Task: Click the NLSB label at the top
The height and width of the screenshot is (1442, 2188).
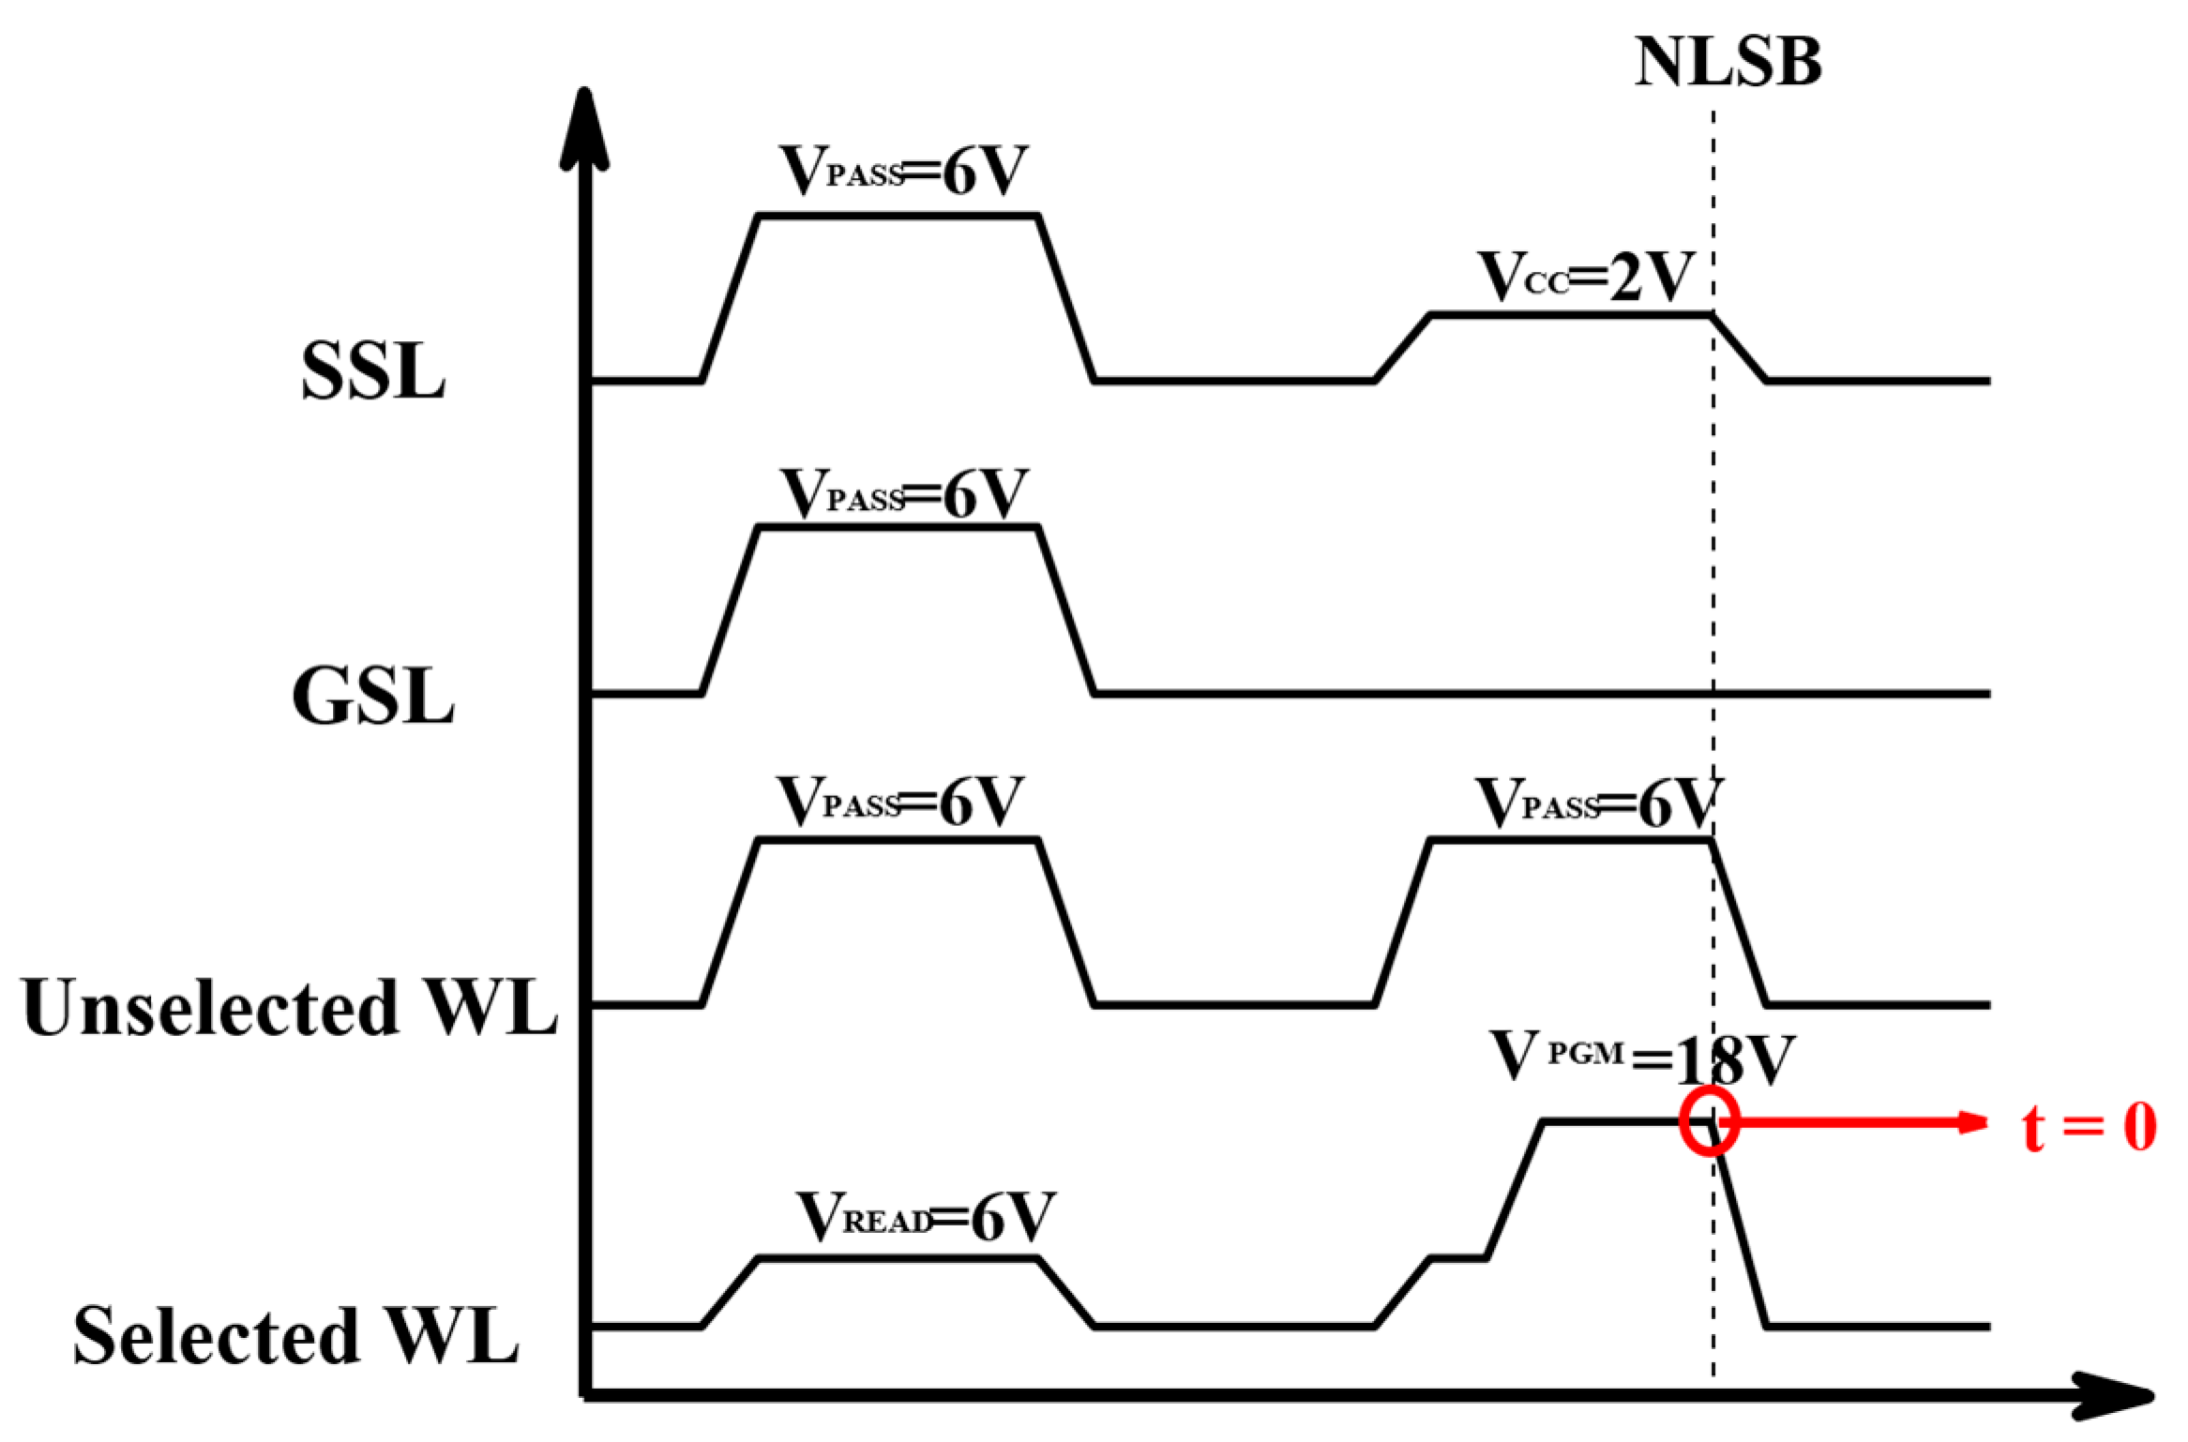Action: pos(1728,63)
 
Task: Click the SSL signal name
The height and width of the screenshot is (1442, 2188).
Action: pos(372,371)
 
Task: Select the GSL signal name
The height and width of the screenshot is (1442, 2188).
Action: pos(372,696)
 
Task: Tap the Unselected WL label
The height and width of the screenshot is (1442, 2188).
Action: pos(289,1008)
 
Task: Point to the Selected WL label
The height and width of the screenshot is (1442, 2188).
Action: pos(295,1335)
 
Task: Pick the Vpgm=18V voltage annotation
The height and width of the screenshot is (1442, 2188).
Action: pos(1641,1059)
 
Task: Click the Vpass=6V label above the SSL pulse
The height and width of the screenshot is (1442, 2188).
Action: pos(902,171)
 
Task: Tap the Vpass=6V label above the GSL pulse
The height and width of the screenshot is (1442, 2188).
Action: pos(902,493)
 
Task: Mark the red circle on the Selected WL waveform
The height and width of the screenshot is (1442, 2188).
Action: pos(1709,1120)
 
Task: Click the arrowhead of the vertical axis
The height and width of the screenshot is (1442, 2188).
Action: pos(584,127)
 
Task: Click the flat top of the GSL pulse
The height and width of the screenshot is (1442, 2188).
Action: pos(898,529)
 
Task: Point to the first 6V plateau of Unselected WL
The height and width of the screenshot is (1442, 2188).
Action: pos(898,841)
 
